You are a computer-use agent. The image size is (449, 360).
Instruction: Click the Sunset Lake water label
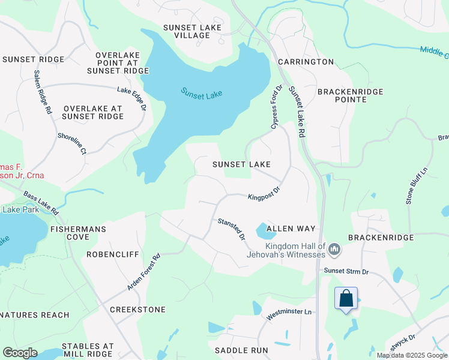pyautogui.click(x=202, y=93)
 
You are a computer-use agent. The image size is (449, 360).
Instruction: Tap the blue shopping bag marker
pyautogui.click(x=346, y=298)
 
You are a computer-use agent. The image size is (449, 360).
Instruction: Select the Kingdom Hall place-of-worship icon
pyautogui.click(x=335, y=248)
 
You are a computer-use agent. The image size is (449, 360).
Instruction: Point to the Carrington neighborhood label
pyautogui.click(x=306, y=62)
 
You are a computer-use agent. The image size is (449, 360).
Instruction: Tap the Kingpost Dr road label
pyautogui.click(x=264, y=195)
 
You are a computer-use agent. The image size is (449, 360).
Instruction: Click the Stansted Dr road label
pyautogui.click(x=232, y=229)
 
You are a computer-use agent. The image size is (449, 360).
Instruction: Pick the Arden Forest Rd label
pyautogui.click(x=143, y=273)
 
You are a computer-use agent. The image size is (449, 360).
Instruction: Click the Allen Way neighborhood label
pyautogui.click(x=291, y=229)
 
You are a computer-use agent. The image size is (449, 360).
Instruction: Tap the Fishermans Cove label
pyautogui.click(x=78, y=229)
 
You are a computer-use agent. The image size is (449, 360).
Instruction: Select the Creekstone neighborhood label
pyautogui.click(x=137, y=309)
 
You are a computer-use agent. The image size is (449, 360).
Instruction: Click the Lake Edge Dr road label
pyautogui.click(x=132, y=99)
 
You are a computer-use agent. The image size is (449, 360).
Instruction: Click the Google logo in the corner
pyautogui.click(x=20, y=353)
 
